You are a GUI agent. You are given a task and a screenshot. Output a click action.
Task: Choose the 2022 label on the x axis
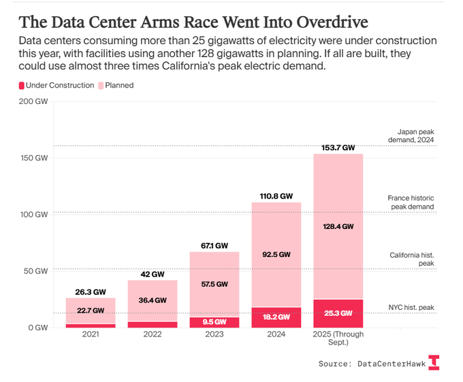pyautogui.click(x=152, y=334)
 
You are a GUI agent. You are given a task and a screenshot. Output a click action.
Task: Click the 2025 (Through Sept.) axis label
pyautogui.click(x=338, y=338)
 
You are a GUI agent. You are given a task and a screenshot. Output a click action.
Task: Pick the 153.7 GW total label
pyautogui.click(x=338, y=147)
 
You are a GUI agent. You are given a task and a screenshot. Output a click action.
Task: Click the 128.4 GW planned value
pyautogui.click(x=338, y=226)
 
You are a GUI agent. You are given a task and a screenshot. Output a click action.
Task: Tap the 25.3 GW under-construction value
pyautogui.click(x=338, y=313)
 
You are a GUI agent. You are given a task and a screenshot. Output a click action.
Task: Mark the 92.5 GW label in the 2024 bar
pyautogui.click(x=276, y=254)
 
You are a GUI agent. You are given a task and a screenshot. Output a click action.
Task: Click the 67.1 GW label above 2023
pyautogui.click(x=214, y=245)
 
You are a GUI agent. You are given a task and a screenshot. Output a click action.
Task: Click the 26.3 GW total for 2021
pyautogui.click(x=91, y=292)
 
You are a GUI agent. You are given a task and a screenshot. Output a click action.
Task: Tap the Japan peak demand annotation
pyautogui.click(x=415, y=136)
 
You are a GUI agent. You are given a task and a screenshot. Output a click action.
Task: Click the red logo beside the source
pyautogui.click(x=434, y=362)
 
